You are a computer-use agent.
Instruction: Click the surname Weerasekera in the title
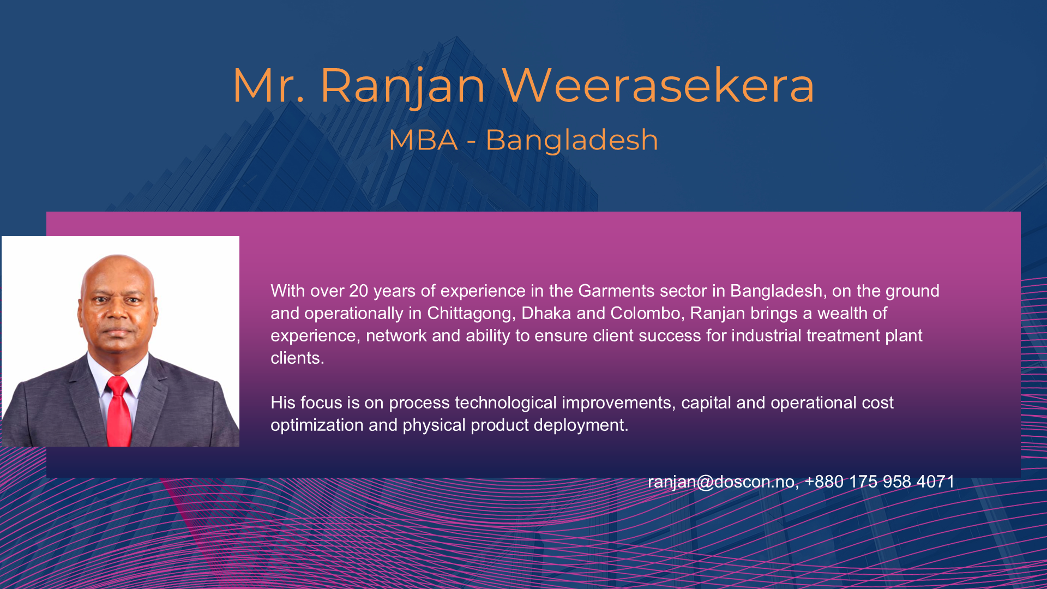coord(658,85)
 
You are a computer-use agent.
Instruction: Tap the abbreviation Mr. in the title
coord(268,85)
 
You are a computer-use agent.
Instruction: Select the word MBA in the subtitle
coord(423,140)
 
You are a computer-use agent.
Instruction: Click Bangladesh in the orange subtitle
coord(571,140)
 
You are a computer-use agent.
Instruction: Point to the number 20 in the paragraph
coord(359,291)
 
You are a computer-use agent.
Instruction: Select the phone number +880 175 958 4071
coord(880,482)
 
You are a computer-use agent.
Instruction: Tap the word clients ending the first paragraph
coord(297,358)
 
